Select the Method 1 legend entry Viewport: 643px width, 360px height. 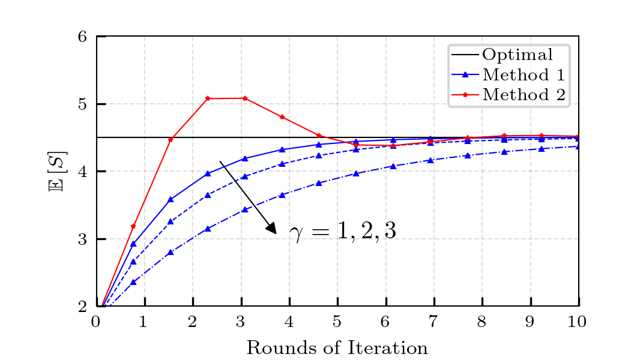[x=508, y=74]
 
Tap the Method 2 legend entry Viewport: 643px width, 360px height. [x=508, y=95]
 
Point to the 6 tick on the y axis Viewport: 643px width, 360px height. [x=82, y=37]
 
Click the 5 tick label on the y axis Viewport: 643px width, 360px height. [x=82, y=104]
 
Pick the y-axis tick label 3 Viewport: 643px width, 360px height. [x=82, y=239]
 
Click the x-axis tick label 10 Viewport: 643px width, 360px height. [x=577, y=322]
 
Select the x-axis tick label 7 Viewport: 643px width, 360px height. [x=433, y=322]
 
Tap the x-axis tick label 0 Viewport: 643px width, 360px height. [x=95, y=322]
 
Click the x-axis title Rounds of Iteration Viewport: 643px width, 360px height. [x=337, y=348]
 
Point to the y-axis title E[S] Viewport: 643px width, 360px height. [x=58, y=172]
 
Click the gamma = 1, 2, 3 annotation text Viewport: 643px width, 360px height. [x=343, y=231]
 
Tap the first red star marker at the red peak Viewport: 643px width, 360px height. [x=208, y=98]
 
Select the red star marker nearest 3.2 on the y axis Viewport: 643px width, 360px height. [x=133, y=226]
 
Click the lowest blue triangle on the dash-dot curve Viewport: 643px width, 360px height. [x=133, y=282]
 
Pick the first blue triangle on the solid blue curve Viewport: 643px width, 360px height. [x=133, y=244]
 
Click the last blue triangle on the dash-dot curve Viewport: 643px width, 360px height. [x=578, y=146]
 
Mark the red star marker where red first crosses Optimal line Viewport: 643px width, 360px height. [x=171, y=140]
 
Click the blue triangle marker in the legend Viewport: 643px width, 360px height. [x=465, y=74]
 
